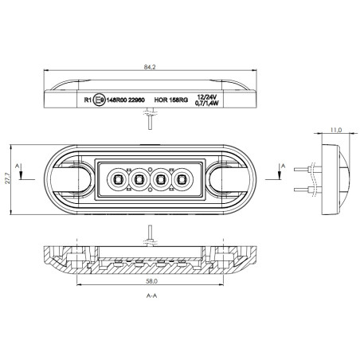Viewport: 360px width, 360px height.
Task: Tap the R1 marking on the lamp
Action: tap(87, 101)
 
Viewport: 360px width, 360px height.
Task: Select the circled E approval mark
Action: tap(98, 101)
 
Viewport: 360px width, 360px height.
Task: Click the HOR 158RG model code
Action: tap(170, 101)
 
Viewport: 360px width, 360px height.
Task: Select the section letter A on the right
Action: tap(284, 166)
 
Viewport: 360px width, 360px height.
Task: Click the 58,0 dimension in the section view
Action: tap(151, 281)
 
